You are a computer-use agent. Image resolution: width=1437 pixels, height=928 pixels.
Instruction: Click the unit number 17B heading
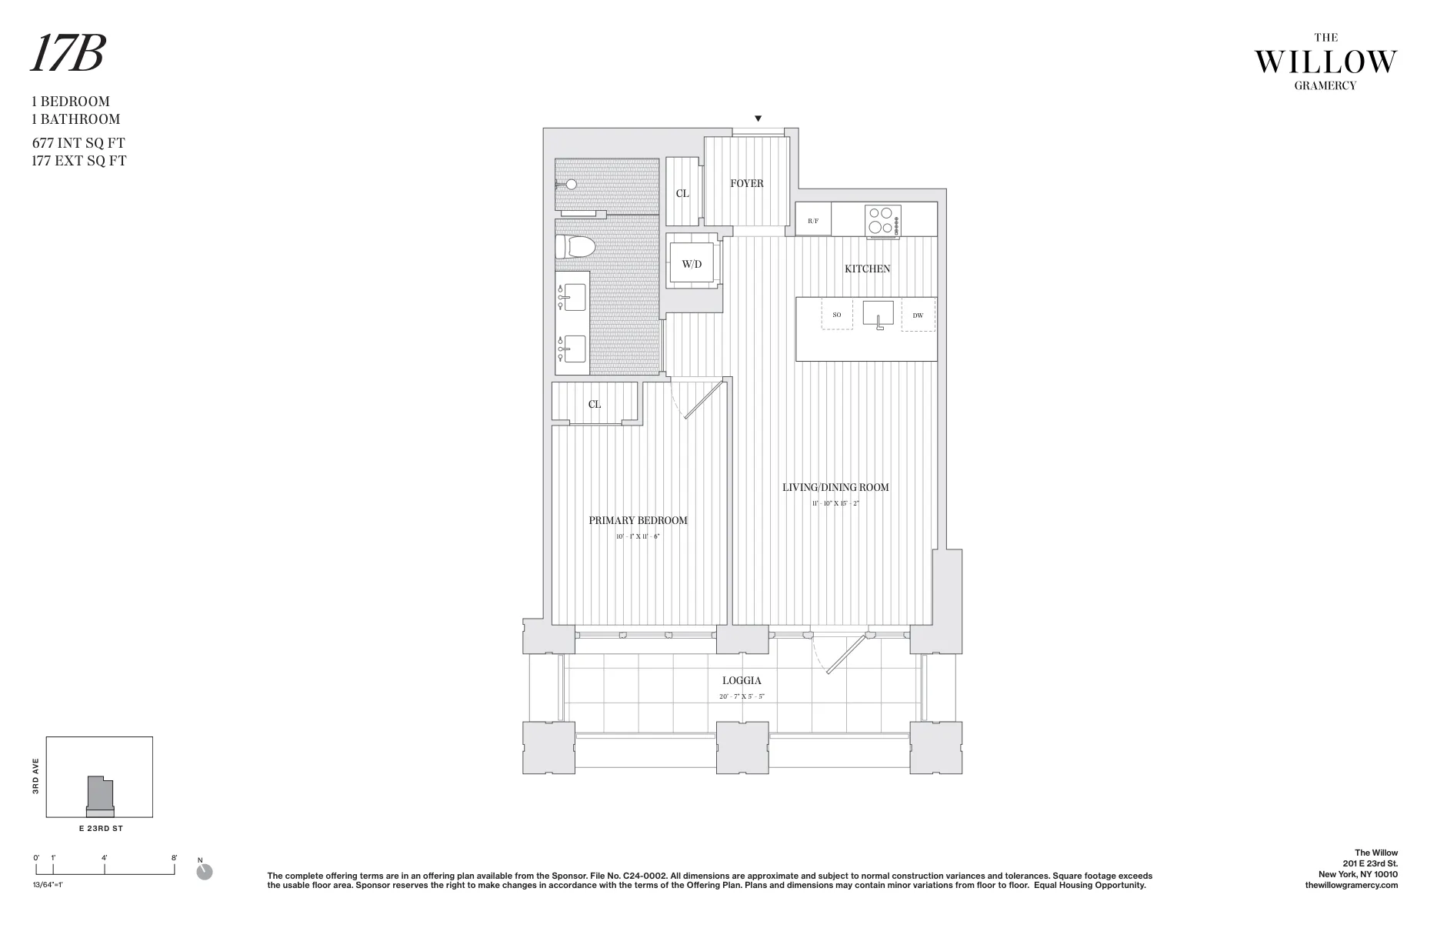68,55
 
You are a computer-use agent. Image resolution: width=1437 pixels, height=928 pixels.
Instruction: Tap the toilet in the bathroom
576,246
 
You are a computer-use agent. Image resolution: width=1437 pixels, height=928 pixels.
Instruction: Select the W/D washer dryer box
692,264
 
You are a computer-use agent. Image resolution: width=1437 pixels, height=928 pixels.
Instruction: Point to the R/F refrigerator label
813,221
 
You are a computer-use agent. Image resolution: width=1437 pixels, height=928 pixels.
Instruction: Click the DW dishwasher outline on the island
918,315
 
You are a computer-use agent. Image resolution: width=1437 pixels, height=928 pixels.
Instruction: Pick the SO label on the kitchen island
837,315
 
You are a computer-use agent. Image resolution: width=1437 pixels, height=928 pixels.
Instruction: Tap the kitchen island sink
878,314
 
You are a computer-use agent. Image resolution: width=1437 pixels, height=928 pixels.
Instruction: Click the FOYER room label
746,183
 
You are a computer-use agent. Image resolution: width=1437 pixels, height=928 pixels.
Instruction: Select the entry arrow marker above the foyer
758,119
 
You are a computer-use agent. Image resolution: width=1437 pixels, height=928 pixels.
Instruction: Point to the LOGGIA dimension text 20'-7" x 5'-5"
742,696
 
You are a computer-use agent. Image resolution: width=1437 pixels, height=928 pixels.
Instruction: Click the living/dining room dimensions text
835,503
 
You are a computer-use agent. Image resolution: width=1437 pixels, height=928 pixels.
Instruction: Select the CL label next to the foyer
682,193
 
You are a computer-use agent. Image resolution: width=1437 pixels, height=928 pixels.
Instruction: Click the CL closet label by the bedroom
595,404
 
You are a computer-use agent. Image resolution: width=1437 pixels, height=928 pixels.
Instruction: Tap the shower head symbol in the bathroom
570,185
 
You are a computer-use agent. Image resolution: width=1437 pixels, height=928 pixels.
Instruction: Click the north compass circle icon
205,872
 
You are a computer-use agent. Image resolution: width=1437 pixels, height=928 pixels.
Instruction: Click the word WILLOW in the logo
1325,62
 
